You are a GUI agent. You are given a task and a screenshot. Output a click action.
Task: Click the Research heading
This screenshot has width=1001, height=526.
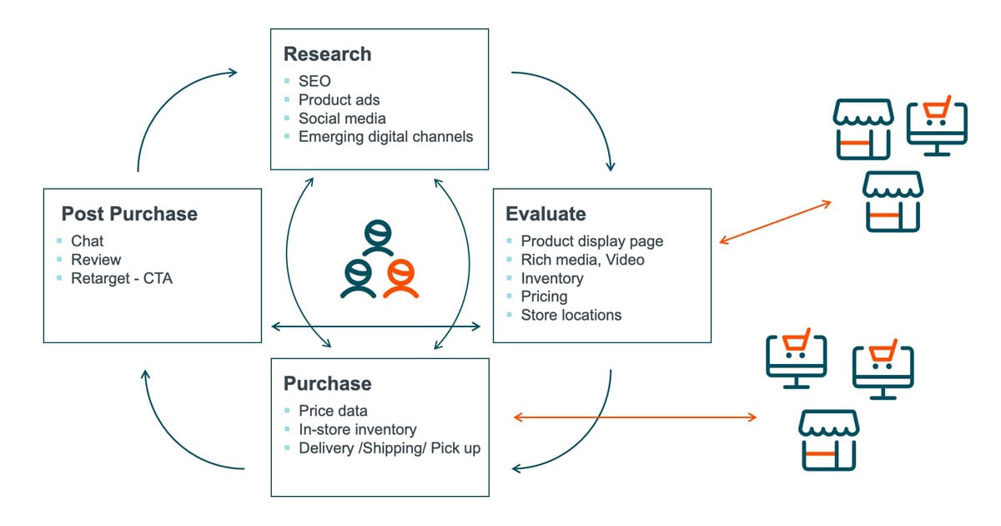pos(327,54)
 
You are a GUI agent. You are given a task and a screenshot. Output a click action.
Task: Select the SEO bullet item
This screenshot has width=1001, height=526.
pos(314,81)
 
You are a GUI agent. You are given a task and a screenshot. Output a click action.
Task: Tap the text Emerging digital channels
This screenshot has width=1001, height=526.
pos(385,136)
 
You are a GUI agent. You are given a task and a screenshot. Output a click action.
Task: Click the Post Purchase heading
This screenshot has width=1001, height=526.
pos(129,214)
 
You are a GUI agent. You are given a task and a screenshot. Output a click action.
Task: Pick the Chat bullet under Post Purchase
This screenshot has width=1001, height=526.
pos(88,241)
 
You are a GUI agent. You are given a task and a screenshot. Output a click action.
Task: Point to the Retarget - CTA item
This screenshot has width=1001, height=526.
pos(122,278)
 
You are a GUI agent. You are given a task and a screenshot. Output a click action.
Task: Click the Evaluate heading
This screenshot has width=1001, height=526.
pos(546,214)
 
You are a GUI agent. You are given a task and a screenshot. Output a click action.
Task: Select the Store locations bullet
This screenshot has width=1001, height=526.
pos(571,315)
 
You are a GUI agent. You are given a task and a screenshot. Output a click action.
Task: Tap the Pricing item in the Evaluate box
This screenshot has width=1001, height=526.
pos(544,296)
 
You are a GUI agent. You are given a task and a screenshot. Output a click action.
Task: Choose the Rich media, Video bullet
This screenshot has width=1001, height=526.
pos(582,260)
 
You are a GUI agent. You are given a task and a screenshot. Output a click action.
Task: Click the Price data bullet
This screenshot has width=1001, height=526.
pos(333,411)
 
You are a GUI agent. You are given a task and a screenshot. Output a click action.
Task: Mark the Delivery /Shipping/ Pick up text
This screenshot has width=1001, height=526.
pos(390,448)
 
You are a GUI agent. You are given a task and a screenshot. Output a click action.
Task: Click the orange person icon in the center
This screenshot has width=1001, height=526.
pos(400,278)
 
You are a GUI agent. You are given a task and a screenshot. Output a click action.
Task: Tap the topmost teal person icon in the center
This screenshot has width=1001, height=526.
pos(377,237)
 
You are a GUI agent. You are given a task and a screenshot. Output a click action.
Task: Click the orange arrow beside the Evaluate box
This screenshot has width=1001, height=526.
pos(775,222)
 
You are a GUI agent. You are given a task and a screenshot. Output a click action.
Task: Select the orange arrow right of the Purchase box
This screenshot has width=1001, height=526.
pos(634,417)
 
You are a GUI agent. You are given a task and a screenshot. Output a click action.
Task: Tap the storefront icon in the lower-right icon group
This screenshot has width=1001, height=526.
pos(828,440)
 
